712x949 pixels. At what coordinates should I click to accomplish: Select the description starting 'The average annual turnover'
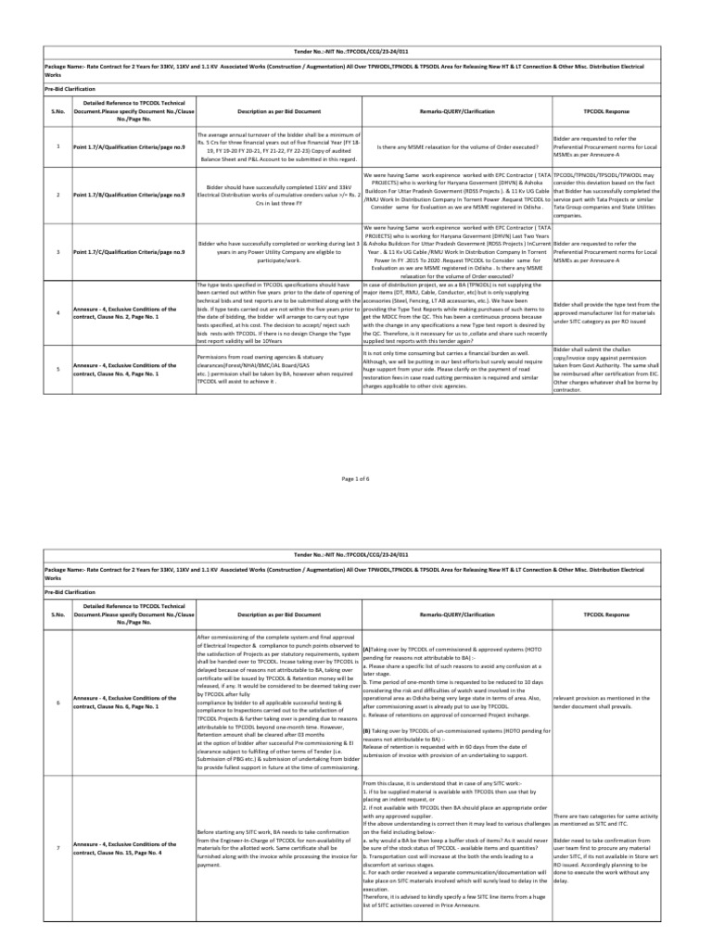[278, 146]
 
